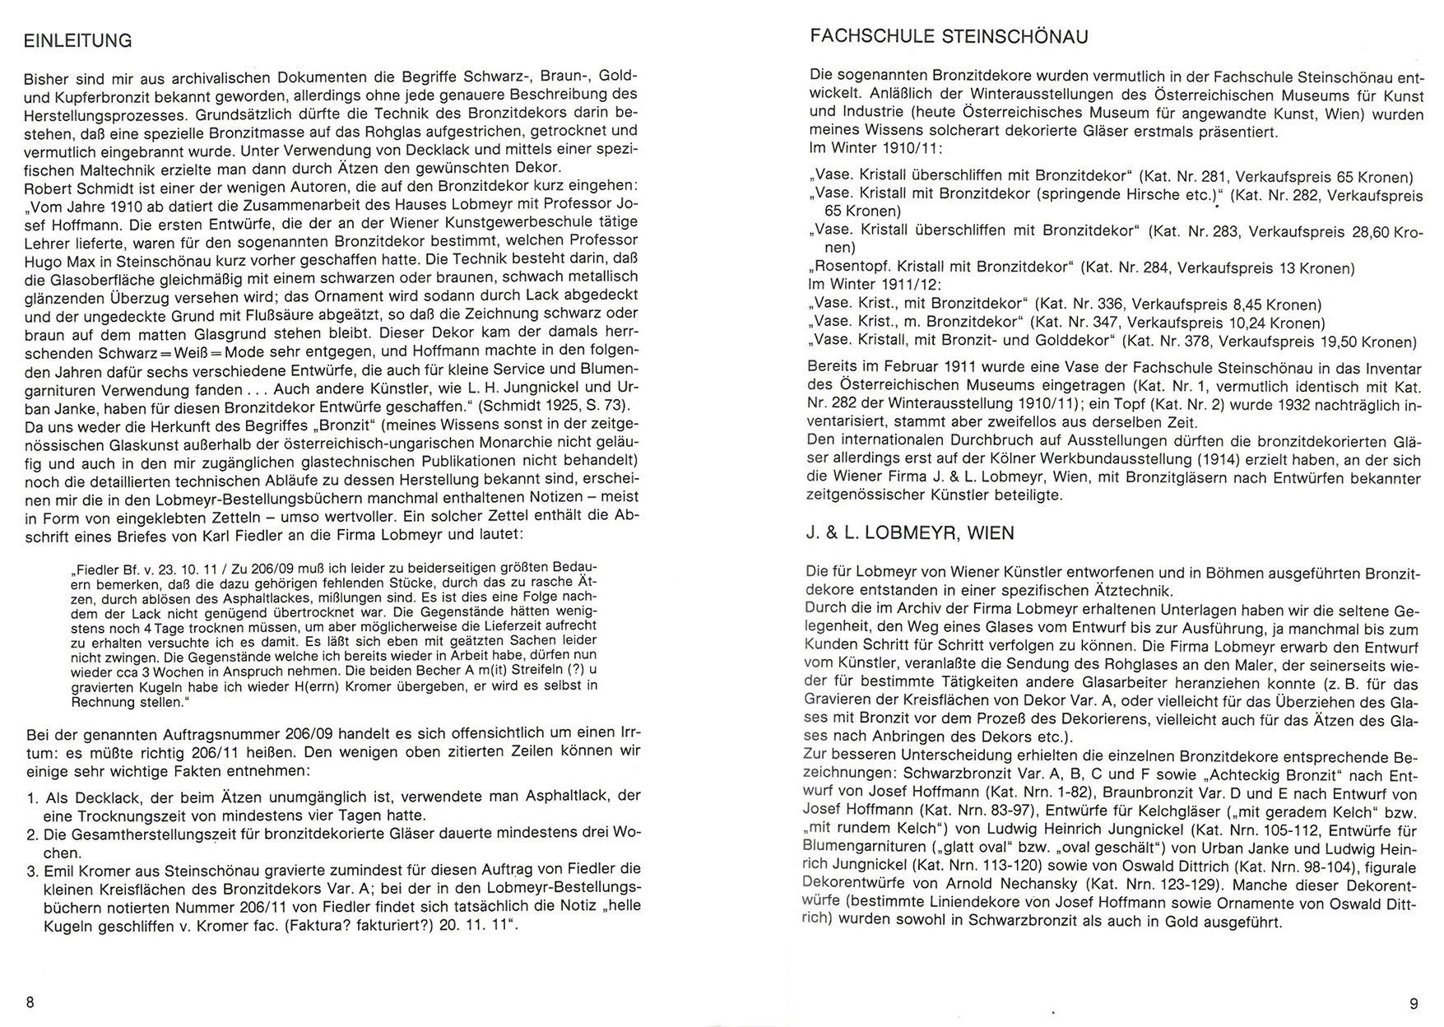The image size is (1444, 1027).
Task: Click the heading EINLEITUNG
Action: [78, 40]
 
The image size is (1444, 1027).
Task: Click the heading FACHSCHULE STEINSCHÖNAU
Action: [949, 36]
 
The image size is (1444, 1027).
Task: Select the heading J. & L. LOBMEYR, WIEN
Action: [910, 532]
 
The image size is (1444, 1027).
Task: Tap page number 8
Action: [30, 1002]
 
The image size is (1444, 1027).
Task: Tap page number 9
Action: [1414, 1003]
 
